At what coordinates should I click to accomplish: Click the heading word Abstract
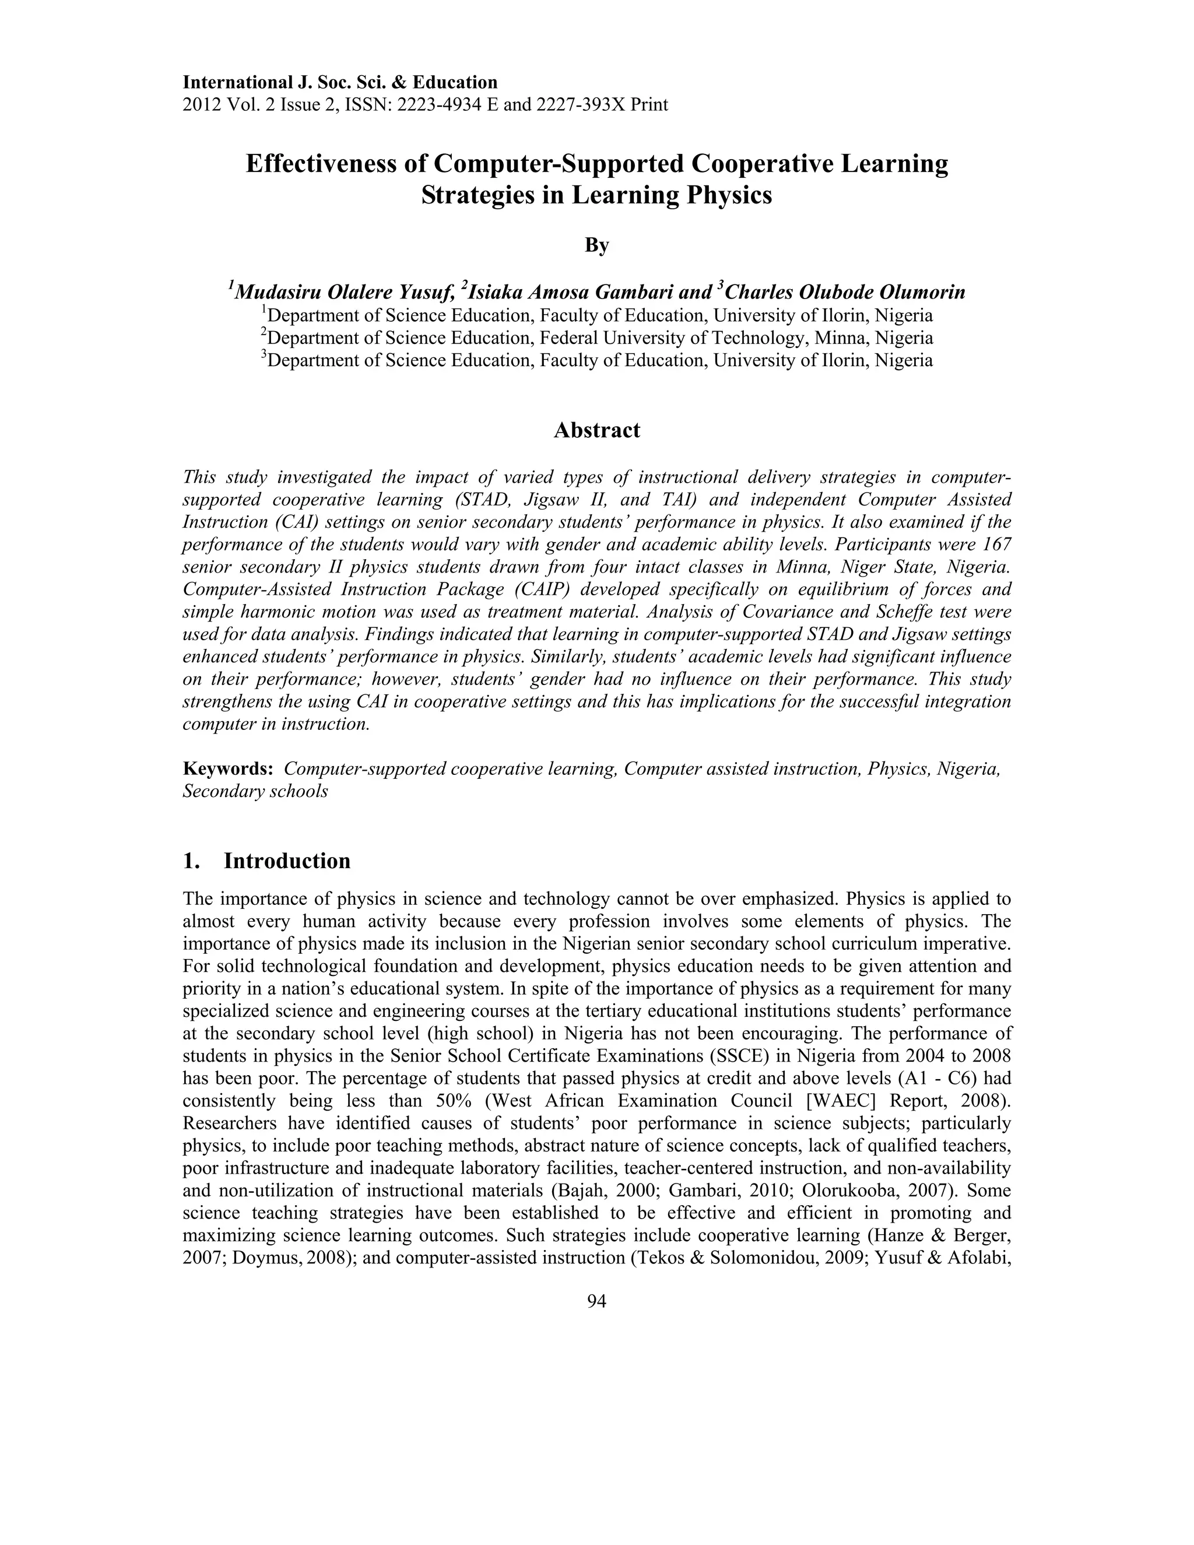(596, 430)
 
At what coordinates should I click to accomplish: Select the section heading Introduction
(287, 861)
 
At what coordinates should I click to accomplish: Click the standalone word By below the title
(596, 245)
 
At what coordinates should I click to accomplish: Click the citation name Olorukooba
(850, 1191)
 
